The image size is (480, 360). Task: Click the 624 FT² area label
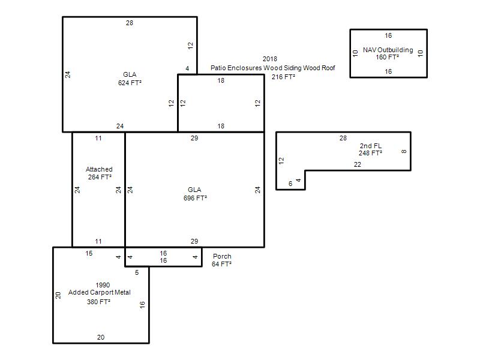click(130, 83)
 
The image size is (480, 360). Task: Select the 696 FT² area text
click(195, 198)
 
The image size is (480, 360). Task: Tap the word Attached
click(99, 169)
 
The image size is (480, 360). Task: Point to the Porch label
click(222, 256)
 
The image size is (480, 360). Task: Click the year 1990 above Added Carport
click(103, 285)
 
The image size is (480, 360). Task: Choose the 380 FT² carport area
click(98, 302)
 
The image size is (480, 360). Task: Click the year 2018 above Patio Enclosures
click(269, 59)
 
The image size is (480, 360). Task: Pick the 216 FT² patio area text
click(283, 77)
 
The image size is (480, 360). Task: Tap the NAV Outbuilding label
click(388, 50)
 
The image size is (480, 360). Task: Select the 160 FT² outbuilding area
click(387, 57)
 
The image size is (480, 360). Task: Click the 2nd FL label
click(370, 146)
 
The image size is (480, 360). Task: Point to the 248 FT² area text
click(370, 153)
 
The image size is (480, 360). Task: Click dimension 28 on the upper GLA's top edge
click(130, 23)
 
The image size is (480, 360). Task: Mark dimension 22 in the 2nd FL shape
click(357, 164)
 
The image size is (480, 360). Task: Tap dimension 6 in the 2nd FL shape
click(290, 184)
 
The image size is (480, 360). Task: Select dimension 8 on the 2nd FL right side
click(404, 151)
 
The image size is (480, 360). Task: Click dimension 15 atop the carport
click(89, 253)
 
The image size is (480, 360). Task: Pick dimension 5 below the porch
click(137, 272)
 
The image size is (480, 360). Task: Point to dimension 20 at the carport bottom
click(101, 337)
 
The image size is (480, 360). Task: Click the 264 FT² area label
click(100, 177)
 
